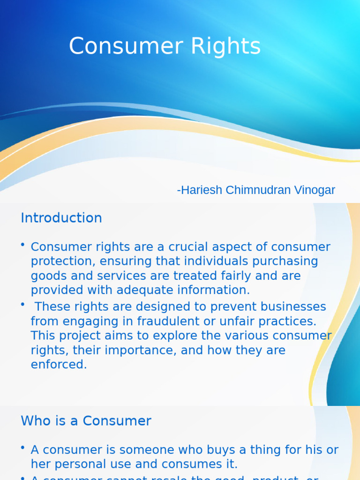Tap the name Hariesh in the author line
[200, 190]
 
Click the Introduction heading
[61, 218]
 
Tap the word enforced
[59, 365]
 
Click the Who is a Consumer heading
[86, 421]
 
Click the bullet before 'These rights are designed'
[22, 305]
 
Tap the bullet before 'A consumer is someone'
[22, 448]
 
